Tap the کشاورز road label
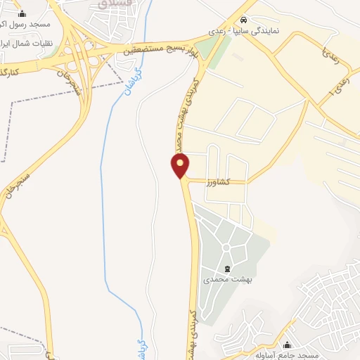219,182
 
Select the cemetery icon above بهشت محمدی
227,269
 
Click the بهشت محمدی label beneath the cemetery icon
227,279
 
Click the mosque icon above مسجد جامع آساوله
287,345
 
